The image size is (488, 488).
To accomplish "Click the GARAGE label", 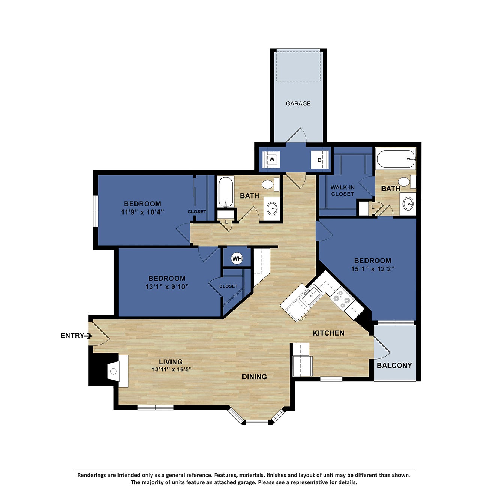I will pyautogui.click(x=298, y=104).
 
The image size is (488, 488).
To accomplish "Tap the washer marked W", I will pyautogui.click(x=272, y=160).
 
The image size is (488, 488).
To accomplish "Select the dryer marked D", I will pyautogui.click(x=320, y=160).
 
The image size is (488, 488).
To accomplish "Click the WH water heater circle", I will pyautogui.click(x=237, y=259).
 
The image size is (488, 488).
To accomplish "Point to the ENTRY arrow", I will pyautogui.click(x=88, y=336).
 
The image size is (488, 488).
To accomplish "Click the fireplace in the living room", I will pyautogui.click(x=114, y=371).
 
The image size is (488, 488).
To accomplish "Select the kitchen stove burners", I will pyautogui.click(x=342, y=299).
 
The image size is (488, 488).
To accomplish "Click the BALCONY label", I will pyautogui.click(x=394, y=365).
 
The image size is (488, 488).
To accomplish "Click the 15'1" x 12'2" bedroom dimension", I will pyautogui.click(x=372, y=269).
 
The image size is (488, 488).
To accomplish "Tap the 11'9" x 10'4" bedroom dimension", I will pyautogui.click(x=142, y=212).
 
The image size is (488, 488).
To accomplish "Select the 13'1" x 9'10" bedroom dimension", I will pyautogui.click(x=167, y=287).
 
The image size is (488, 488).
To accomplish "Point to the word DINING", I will pyautogui.click(x=254, y=377).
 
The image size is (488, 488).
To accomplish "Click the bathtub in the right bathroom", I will pyautogui.click(x=395, y=159).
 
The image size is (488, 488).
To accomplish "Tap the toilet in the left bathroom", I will pyautogui.click(x=268, y=184).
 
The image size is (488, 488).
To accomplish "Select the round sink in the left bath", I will pyautogui.click(x=271, y=207).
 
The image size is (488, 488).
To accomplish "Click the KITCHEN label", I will pyautogui.click(x=328, y=333).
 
